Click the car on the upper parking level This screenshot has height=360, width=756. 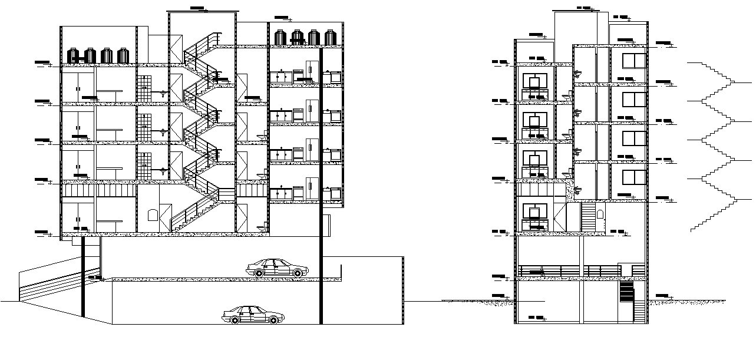[278, 268]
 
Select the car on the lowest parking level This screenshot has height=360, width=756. [251, 315]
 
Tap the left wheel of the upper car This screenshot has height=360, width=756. [259, 272]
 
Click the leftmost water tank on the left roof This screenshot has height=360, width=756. [74, 56]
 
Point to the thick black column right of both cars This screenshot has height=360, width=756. [321, 189]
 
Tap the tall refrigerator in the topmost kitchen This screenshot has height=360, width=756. [312, 70]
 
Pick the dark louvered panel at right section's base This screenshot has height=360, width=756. [626, 291]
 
